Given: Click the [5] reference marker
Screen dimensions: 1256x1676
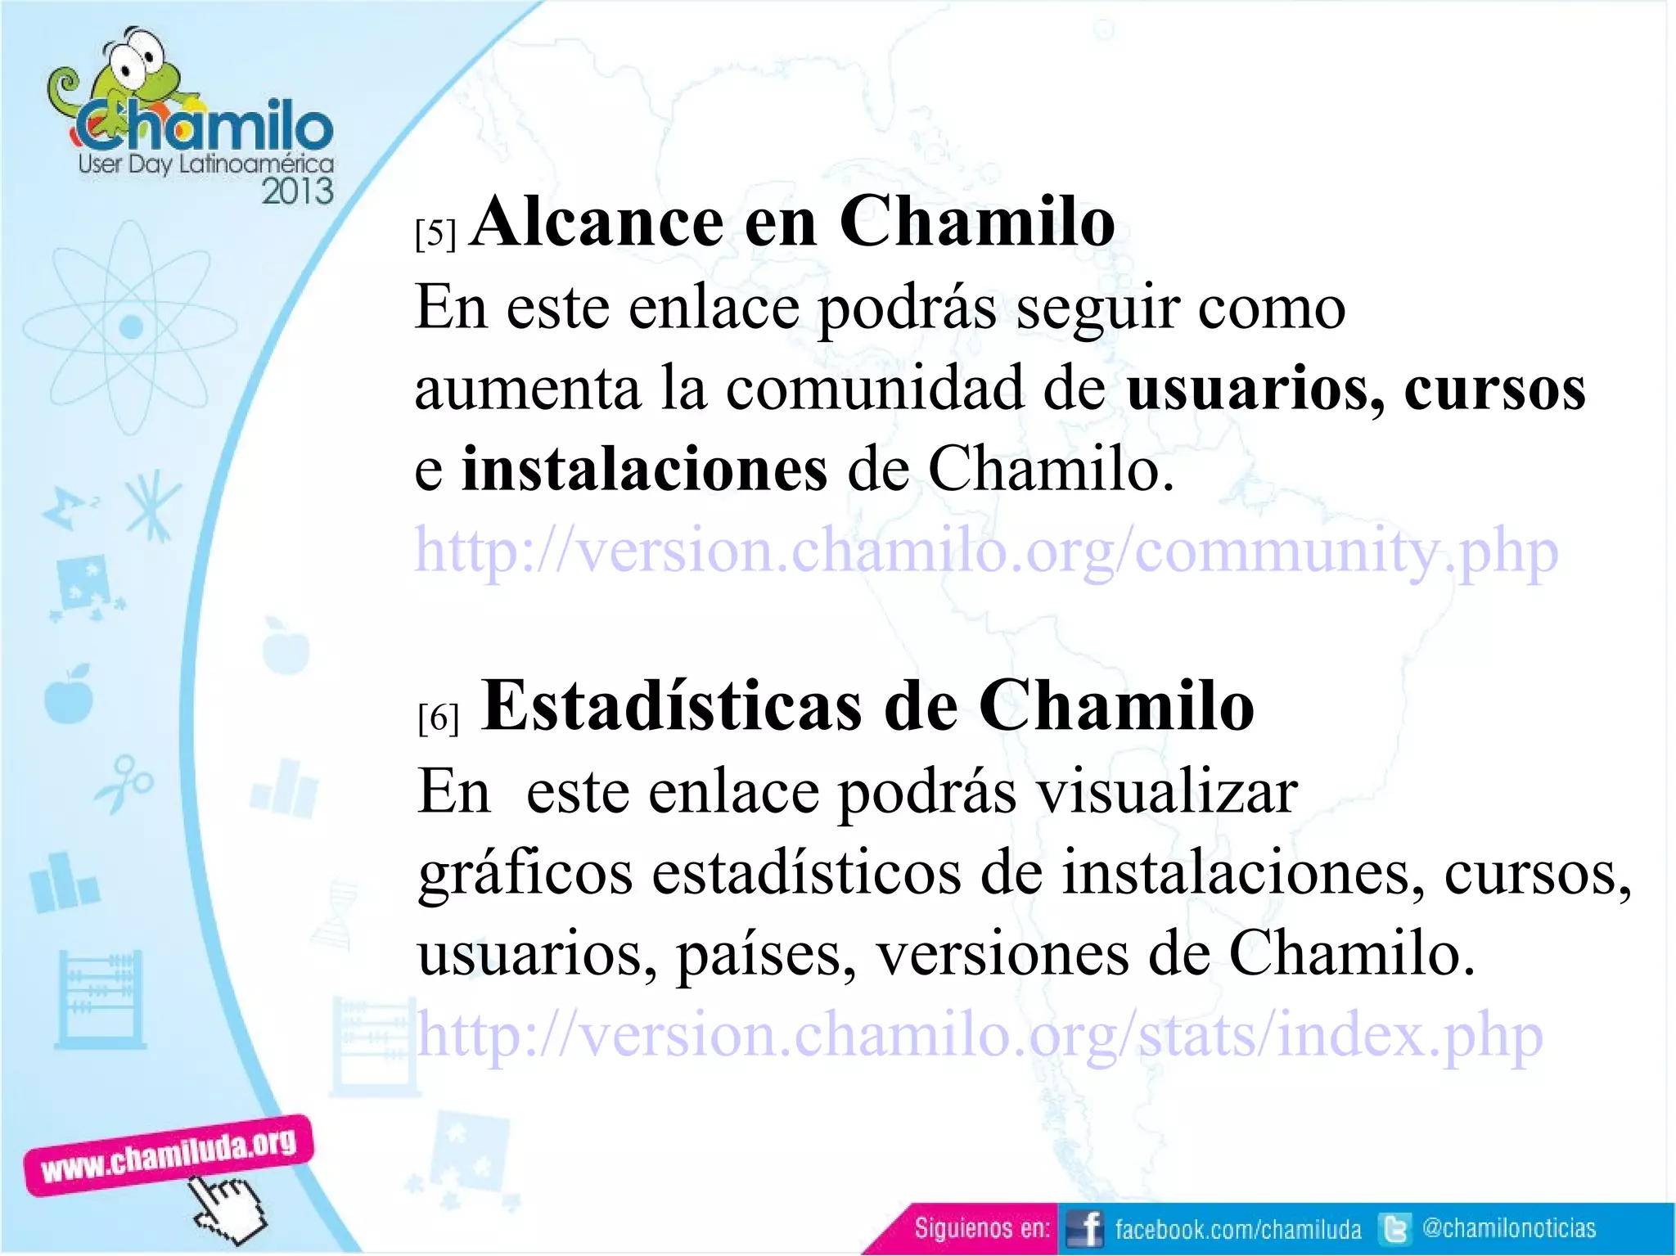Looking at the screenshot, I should coord(435,235).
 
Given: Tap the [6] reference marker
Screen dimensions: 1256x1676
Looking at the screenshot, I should coord(438,718).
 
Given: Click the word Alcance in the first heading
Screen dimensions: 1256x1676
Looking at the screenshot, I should coord(597,223).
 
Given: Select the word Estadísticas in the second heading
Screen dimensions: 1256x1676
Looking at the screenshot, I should coord(671,706).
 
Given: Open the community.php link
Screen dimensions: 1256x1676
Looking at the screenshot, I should coord(985,551).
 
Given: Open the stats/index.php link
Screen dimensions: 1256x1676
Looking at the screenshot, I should coord(980,1035).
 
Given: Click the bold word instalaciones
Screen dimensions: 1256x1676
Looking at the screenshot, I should coord(644,470).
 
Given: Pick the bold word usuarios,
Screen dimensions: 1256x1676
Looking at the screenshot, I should coord(1255,389).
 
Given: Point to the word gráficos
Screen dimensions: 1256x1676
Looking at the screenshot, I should coord(525,874).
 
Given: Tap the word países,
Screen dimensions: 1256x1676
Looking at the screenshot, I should coord(766,955).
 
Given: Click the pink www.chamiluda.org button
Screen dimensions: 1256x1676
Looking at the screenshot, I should coord(169,1155).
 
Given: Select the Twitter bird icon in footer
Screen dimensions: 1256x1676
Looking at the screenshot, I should coord(1394,1229).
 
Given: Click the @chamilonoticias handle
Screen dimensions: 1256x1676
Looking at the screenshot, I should coord(1509,1228).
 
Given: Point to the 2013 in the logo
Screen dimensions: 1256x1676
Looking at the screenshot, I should coord(297,191).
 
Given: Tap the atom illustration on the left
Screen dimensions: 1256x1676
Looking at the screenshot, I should coord(131,327).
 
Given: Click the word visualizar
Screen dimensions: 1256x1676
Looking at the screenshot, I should coord(1166,792).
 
